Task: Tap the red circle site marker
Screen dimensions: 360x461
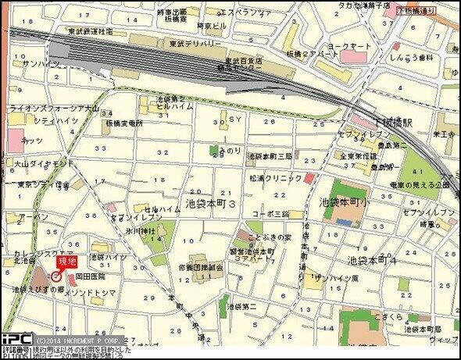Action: click(56, 276)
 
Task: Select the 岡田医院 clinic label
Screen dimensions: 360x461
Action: click(89, 276)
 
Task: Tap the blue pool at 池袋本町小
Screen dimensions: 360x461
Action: click(343, 219)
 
